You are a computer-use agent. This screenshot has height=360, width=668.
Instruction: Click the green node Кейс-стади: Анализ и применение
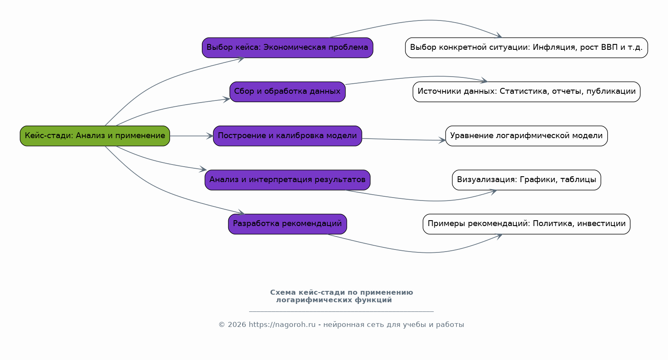95,136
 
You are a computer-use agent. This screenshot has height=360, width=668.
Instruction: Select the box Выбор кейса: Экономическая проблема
287,48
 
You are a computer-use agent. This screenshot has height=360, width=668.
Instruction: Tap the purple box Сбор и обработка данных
287,92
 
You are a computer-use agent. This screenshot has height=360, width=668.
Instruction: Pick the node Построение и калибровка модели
287,136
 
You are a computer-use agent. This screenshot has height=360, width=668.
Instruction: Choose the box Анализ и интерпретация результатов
287,180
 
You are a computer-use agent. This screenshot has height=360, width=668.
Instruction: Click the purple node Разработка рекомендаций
287,224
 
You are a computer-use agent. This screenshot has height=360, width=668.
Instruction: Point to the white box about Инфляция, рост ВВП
526,48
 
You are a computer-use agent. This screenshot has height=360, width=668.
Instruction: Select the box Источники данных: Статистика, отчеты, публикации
526,92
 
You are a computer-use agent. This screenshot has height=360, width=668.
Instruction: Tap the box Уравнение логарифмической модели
526,136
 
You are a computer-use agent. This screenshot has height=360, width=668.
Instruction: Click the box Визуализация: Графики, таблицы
526,180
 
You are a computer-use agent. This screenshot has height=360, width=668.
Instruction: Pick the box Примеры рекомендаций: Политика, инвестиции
526,224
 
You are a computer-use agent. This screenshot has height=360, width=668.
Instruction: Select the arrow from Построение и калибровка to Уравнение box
402,139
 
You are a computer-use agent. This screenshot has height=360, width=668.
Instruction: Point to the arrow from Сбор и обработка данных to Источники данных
419,77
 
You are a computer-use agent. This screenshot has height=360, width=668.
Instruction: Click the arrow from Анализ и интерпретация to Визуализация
419,200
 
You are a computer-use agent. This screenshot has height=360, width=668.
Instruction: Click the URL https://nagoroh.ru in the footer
282,325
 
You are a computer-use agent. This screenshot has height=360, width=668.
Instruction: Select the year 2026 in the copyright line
237,325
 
